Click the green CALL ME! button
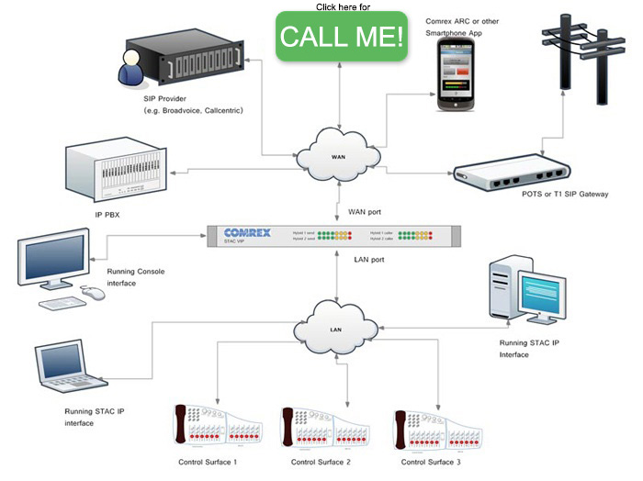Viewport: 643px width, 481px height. pyautogui.click(x=341, y=37)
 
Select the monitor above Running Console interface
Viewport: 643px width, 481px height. pyautogui.click(x=56, y=257)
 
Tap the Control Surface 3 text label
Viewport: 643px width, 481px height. pyautogui.click(x=430, y=462)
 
